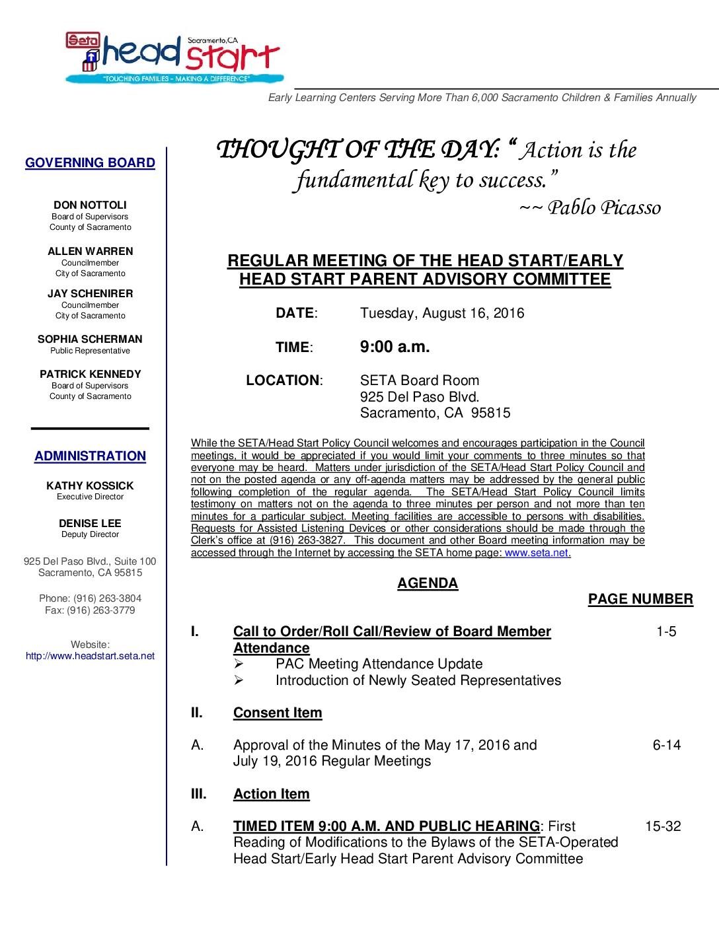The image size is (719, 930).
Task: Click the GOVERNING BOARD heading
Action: (91, 163)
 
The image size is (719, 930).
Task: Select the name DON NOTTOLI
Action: (90, 205)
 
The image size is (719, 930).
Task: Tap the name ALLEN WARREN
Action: (90, 252)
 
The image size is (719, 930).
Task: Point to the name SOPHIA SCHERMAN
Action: (90, 340)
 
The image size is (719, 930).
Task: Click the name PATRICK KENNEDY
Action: (90, 375)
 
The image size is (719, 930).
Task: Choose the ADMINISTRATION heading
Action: (90, 456)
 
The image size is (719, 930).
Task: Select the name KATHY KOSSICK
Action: (90, 486)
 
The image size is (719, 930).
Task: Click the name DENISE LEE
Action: (90, 524)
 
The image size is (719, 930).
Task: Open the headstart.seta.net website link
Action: (90, 656)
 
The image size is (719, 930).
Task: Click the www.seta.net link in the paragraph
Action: (537, 553)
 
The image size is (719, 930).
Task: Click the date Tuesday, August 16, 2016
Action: (442, 313)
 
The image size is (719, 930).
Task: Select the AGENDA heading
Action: (428, 583)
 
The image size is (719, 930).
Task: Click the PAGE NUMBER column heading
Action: (640, 599)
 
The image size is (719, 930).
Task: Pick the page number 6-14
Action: (666, 745)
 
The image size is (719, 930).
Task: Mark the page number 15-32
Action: (663, 826)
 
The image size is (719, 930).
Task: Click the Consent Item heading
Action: (278, 713)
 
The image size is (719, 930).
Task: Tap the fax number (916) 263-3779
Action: (100, 610)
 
